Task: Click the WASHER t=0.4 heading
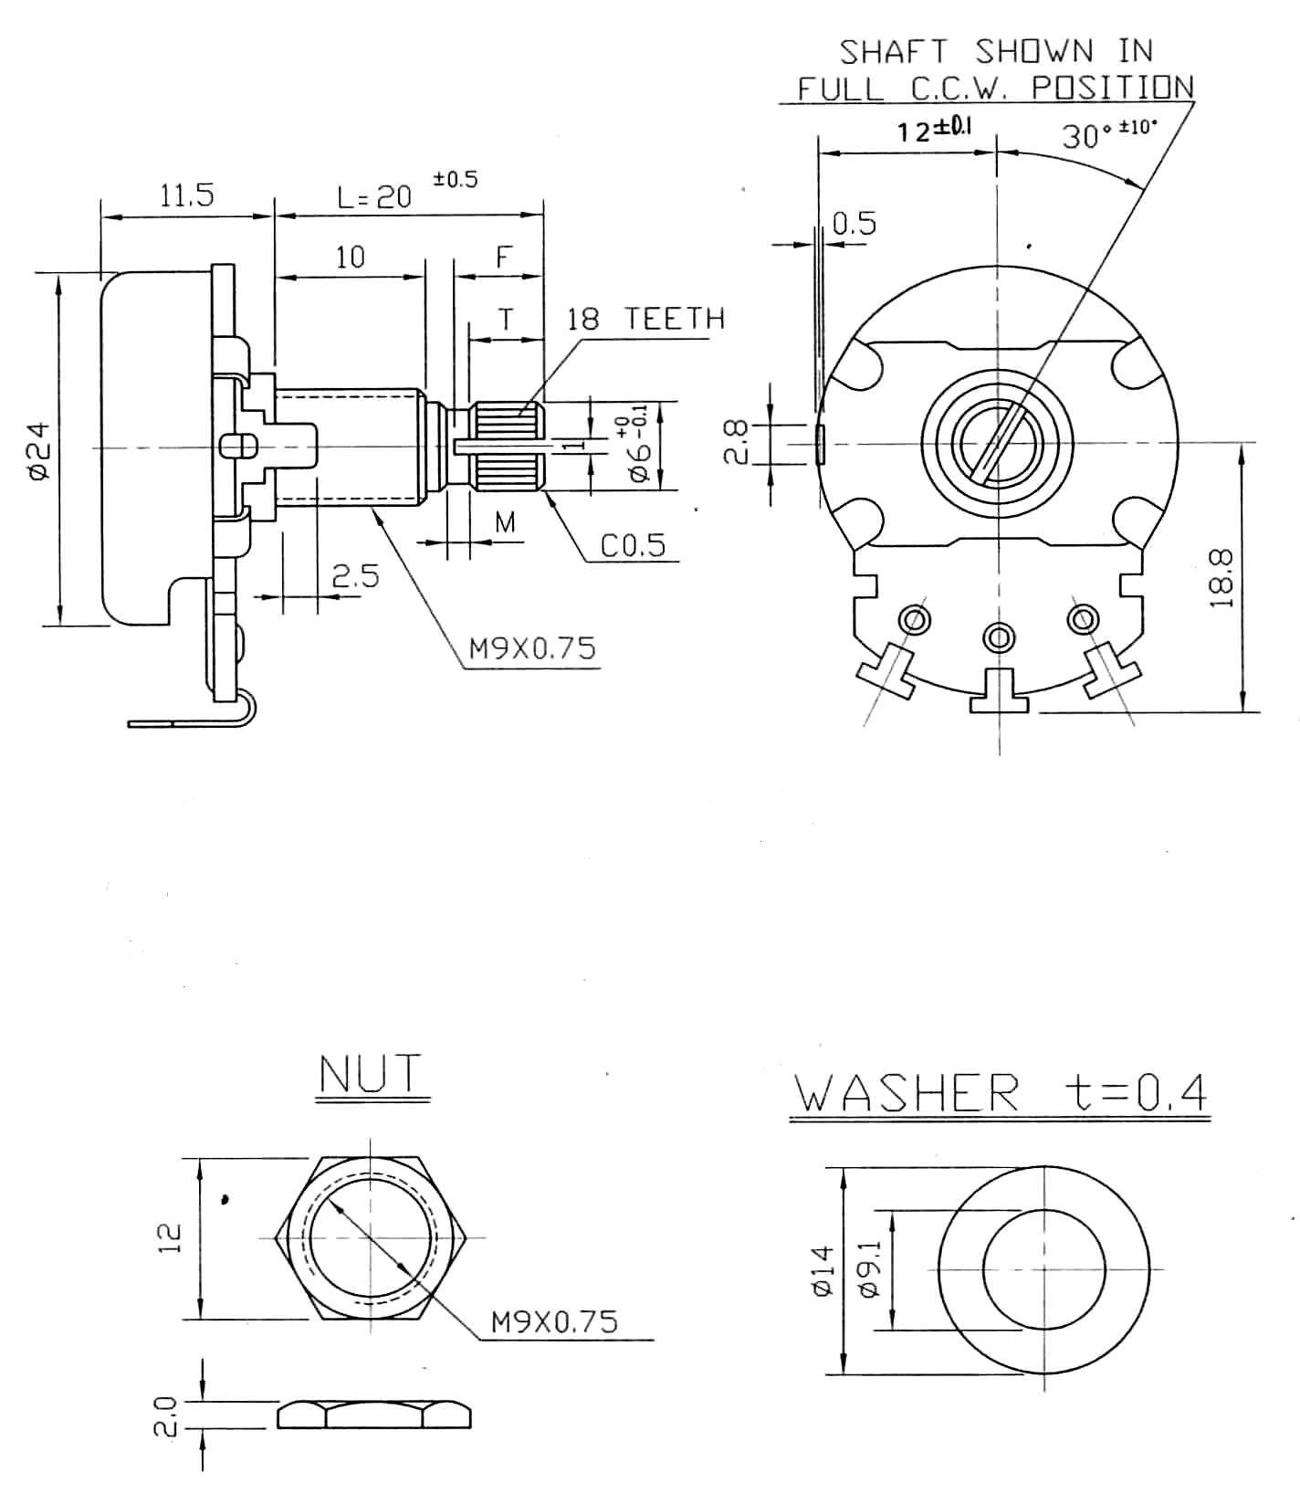(999, 1092)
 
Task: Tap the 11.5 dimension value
(187, 195)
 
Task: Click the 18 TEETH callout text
(645, 319)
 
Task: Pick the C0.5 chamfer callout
(633, 545)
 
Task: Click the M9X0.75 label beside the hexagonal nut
(554, 1321)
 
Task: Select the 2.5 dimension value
(354, 576)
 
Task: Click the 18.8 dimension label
(1223, 577)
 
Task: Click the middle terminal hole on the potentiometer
(999, 635)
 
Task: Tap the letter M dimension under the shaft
(505, 522)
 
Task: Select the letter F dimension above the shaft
(504, 258)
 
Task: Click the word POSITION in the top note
(1112, 88)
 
